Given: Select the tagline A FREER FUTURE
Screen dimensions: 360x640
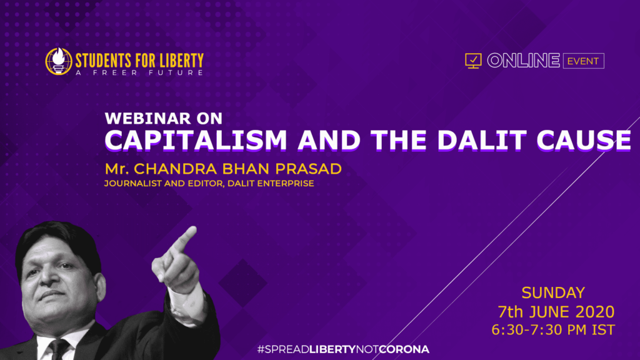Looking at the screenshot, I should tap(139, 72).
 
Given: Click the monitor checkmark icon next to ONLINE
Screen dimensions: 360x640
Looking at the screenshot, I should tap(473, 61).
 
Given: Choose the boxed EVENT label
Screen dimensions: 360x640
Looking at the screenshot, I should tap(582, 61).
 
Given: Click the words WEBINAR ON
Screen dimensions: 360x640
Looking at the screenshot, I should tap(163, 118).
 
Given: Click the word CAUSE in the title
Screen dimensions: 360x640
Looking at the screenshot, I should tap(586, 140).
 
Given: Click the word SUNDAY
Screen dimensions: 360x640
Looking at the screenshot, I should tap(553, 293).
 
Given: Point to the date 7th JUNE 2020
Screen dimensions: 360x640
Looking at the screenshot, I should tap(556, 311).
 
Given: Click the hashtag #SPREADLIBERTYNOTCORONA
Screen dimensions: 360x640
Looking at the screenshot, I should tap(343, 349).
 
